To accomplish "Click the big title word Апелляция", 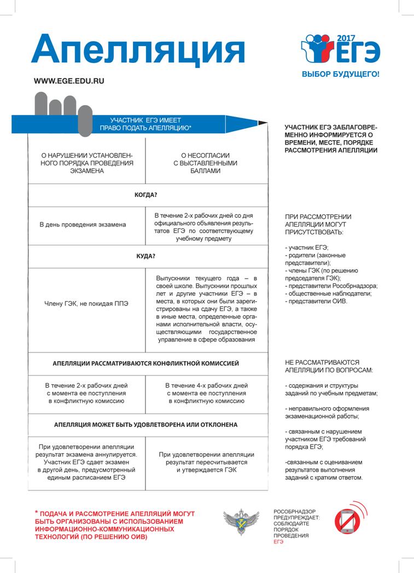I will coord(138,50).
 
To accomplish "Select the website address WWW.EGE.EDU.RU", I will coord(69,80).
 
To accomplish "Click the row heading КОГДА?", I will coord(146,195).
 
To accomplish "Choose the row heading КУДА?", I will coord(146,256).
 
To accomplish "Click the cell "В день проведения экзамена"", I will coord(83,224).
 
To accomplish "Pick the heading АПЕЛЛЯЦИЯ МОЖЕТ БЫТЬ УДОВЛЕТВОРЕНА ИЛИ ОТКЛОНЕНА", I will coord(146,425).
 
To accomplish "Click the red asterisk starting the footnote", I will coord(36,513).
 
